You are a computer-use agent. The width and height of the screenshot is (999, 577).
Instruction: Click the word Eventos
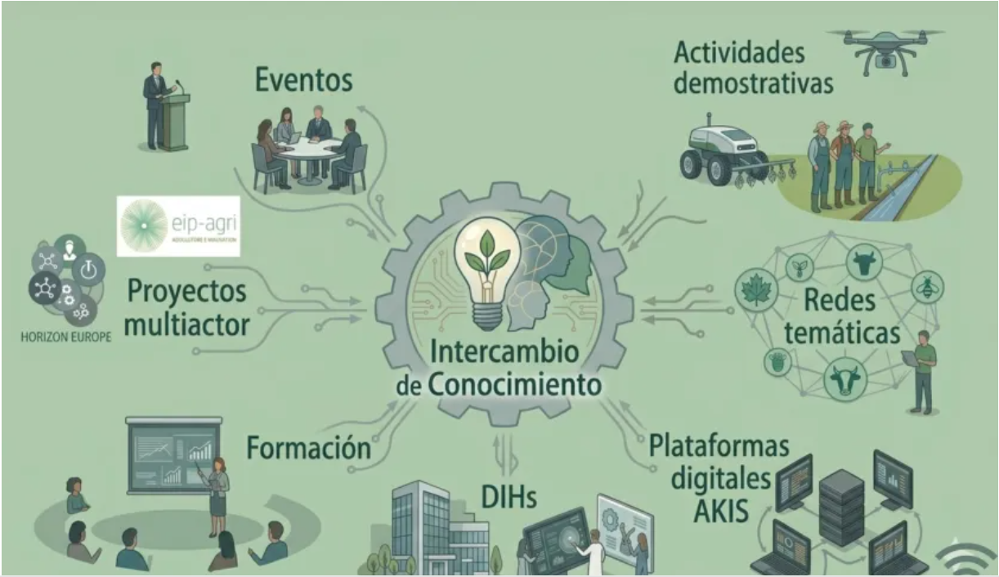coord(303,81)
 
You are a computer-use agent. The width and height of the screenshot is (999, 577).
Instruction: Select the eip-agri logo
coord(178,226)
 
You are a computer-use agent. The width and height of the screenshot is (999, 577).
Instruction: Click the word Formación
coord(308,448)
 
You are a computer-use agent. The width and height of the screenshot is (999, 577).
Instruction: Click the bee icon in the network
coord(927,288)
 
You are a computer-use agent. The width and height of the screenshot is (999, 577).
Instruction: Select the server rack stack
coord(841,508)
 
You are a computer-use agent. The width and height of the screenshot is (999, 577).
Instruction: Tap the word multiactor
coord(188,327)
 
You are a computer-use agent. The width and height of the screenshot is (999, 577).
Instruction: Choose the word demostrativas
coord(754,84)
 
